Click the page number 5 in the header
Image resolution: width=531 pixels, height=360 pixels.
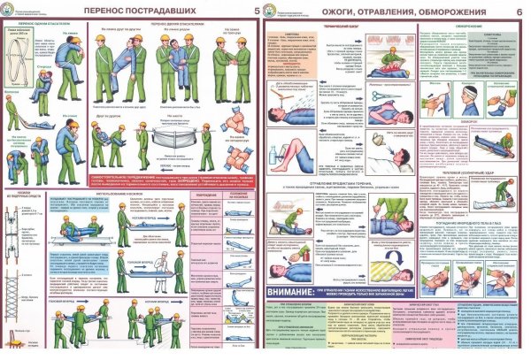tap(257, 11)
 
